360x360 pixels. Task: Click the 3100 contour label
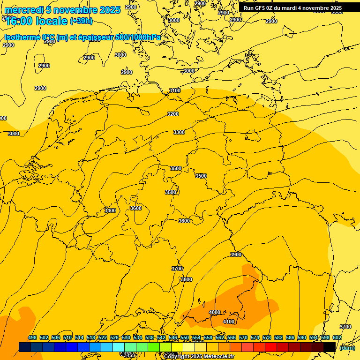tap(174, 90)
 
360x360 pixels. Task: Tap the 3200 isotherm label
tap(173, 114)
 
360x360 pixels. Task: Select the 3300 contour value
tap(179, 132)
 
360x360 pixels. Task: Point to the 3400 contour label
tap(110, 210)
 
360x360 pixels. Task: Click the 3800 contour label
tap(186, 279)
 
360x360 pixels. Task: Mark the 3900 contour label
tap(235, 255)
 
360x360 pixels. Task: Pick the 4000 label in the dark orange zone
tap(215, 312)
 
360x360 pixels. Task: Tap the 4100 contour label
tap(229, 322)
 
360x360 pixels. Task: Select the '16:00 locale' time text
tap(37, 21)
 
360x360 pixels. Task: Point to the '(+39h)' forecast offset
tap(81, 21)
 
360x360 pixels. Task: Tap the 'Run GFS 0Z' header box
tap(292, 8)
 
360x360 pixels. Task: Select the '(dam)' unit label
tap(347, 347)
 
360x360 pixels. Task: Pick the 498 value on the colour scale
tap(32, 337)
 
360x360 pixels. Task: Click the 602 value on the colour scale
tap(337, 337)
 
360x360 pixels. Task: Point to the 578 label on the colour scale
tap(267, 337)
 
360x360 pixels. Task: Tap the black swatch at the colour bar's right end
tap(330, 347)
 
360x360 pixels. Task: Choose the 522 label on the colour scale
tap(103, 337)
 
